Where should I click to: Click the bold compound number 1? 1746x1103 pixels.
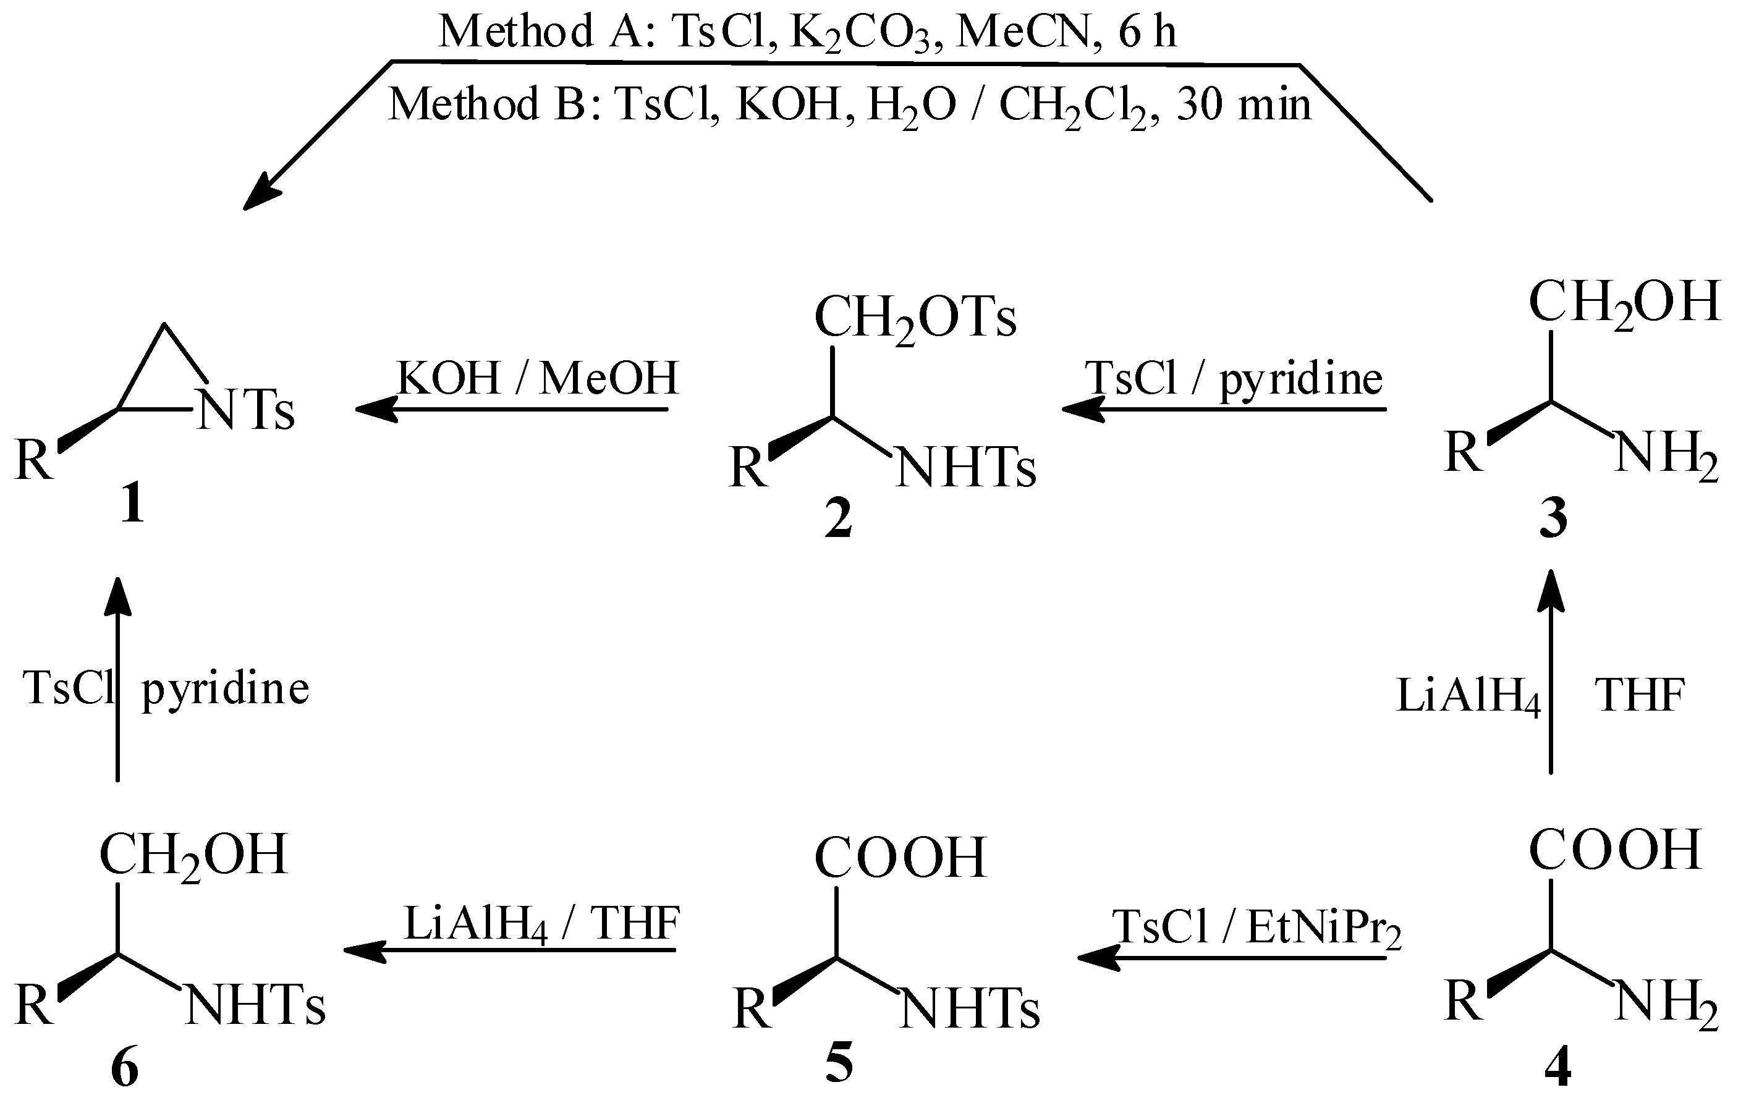[x=132, y=504]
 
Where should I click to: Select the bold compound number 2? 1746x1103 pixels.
[x=838, y=519]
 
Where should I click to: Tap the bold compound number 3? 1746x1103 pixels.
[x=1554, y=519]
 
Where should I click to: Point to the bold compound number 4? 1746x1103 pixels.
[x=1557, y=1067]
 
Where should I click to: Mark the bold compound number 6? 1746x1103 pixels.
[x=125, y=1068]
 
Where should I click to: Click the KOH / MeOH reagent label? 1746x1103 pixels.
[x=537, y=378]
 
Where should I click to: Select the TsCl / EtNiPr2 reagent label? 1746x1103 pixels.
[x=1256, y=928]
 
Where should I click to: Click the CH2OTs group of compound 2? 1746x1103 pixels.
[x=915, y=319]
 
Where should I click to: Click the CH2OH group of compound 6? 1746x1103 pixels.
[x=193, y=856]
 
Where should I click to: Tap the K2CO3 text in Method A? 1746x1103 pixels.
[x=860, y=33]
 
